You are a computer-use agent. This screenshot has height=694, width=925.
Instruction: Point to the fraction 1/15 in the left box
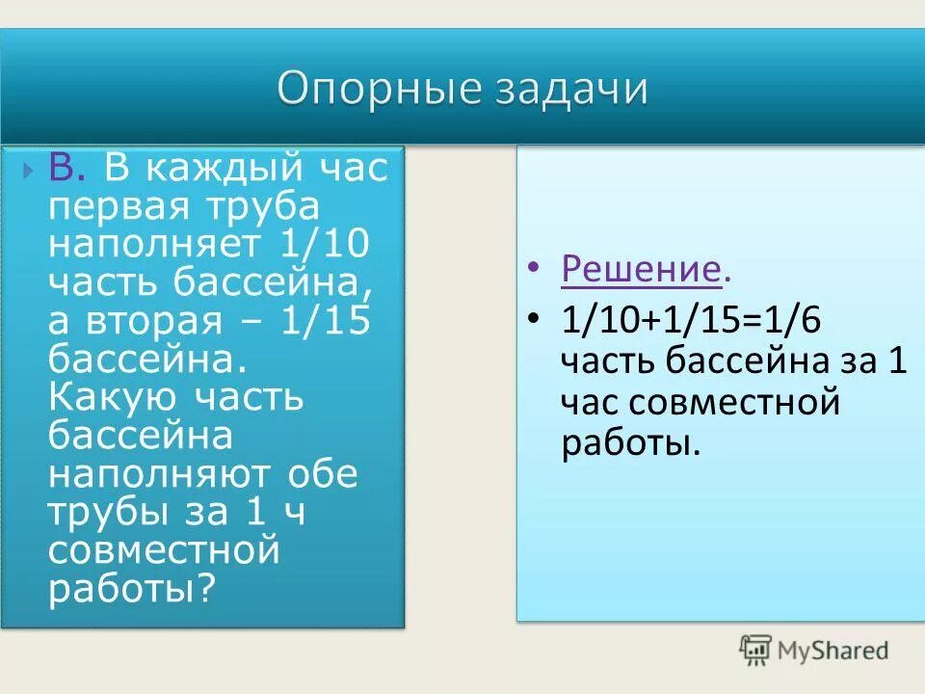pos(326,320)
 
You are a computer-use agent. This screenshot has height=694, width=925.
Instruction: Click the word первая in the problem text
pos(114,207)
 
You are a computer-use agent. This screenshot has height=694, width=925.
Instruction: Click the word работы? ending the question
pos(129,588)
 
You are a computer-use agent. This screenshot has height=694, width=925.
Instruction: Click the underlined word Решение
pos(640,271)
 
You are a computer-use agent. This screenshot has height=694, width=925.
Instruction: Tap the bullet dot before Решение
pos(534,272)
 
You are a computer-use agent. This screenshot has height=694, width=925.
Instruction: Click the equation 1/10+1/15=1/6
pos(690,319)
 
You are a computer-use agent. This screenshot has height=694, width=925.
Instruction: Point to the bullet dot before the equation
pos(534,320)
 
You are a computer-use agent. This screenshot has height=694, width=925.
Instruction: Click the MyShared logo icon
pos(755,651)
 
